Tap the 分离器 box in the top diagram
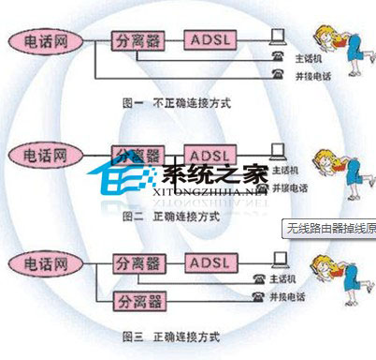[137, 41]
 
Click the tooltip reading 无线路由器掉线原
[328, 227]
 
